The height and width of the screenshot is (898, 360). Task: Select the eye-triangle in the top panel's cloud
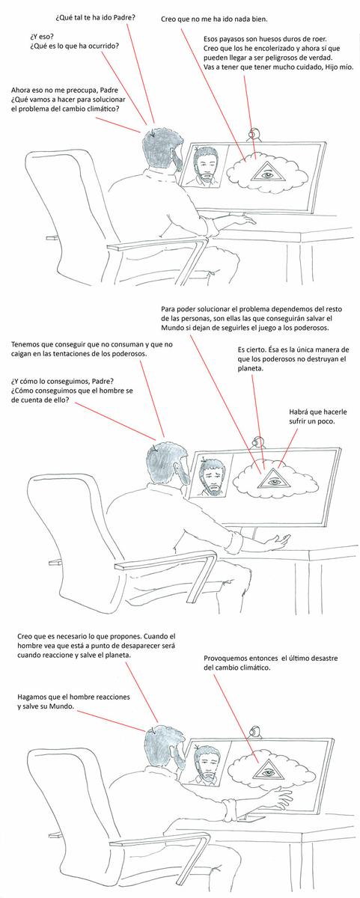tap(264, 171)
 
